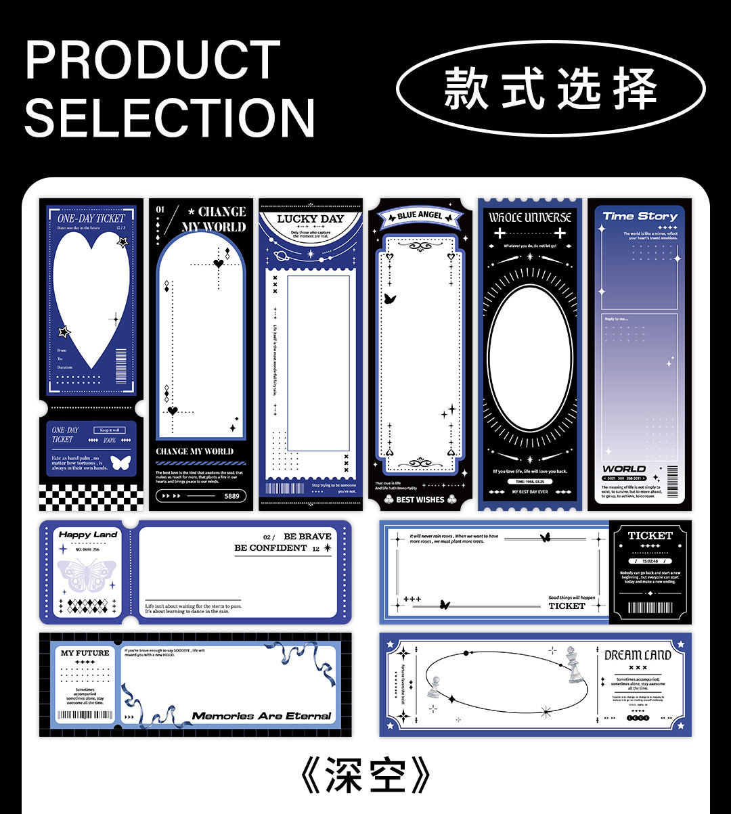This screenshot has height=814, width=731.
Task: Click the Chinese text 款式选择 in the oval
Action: (550, 89)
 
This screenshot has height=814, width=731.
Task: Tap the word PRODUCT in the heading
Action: (153, 60)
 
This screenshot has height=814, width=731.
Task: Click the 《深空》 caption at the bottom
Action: (365, 776)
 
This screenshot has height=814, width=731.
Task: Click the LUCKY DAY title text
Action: (311, 219)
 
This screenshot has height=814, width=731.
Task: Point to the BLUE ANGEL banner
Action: (420, 216)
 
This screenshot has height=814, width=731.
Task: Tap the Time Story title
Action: (640, 217)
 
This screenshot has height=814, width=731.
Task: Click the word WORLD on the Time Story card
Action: (623, 469)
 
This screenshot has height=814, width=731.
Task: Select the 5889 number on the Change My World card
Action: (231, 496)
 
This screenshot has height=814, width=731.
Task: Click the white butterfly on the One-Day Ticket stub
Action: (120, 463)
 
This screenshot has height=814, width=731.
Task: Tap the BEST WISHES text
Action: (420, 500)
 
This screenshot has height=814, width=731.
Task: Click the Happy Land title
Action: (88, 535)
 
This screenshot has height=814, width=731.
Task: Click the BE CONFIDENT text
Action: (271, 548)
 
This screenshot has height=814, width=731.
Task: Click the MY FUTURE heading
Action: (85, 653)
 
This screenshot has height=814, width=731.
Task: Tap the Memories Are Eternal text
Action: (261, 716)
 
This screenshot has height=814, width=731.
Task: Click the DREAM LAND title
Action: (638, 655)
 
